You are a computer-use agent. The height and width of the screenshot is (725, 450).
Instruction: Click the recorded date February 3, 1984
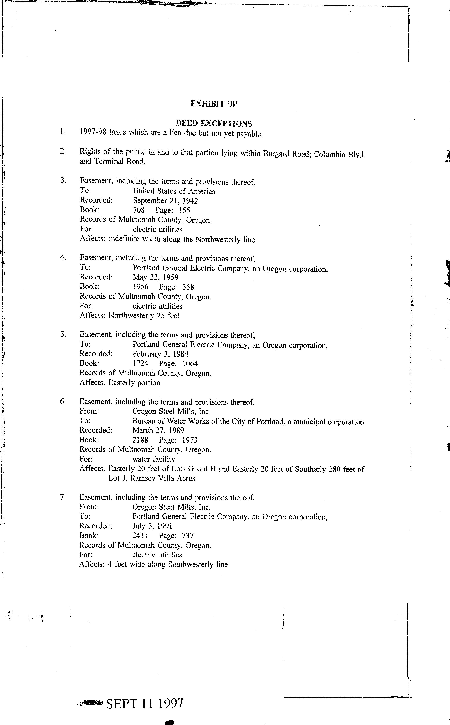click(160, 354)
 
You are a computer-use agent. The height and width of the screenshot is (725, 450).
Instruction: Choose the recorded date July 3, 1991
click(152, 526)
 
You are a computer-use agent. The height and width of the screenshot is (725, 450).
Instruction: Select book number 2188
click(140, 440)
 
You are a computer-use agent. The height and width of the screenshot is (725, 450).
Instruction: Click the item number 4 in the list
click(63, 258)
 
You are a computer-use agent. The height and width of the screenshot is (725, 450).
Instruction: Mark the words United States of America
click(174, 191)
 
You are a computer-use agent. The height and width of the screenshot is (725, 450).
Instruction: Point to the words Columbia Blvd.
click(339, 155)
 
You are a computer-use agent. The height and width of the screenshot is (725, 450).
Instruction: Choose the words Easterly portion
click(134, 383)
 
